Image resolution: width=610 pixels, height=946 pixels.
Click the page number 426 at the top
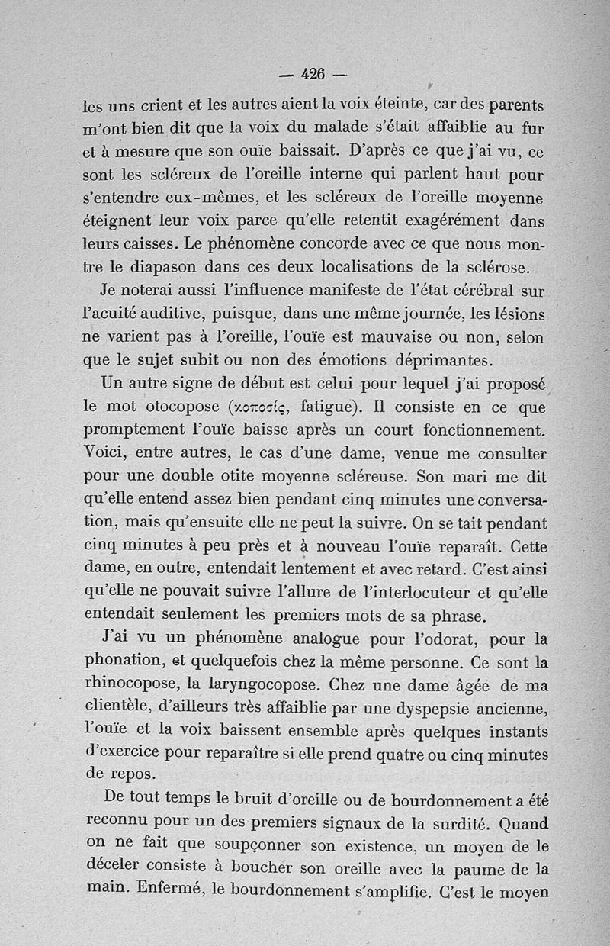tap(313, 74)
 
